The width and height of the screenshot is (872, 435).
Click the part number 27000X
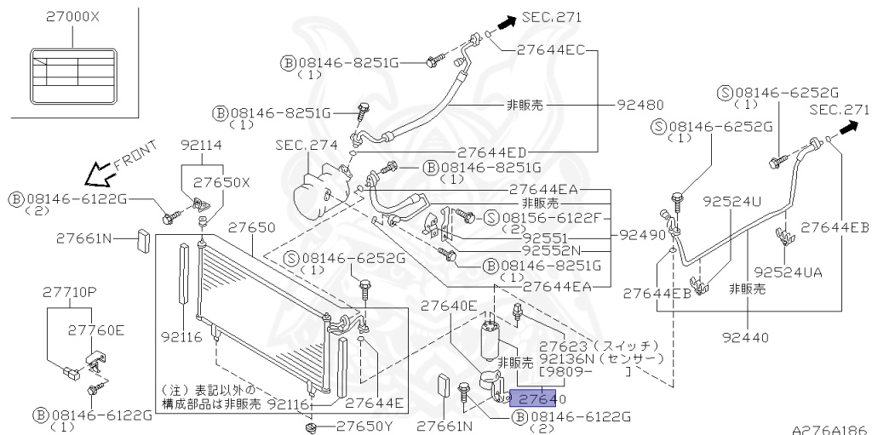point(72,16)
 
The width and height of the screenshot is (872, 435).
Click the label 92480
point(640,106)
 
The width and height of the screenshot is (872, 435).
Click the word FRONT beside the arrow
point(135,159)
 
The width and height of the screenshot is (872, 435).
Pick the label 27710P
point(69,292)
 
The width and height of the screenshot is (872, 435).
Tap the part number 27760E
point(96,329)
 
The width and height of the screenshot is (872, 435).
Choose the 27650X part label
point(221,182)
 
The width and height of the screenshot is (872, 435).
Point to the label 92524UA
point(788,272)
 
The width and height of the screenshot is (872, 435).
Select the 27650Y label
point(364,425)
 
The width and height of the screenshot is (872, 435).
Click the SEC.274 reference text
point(306,145)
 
